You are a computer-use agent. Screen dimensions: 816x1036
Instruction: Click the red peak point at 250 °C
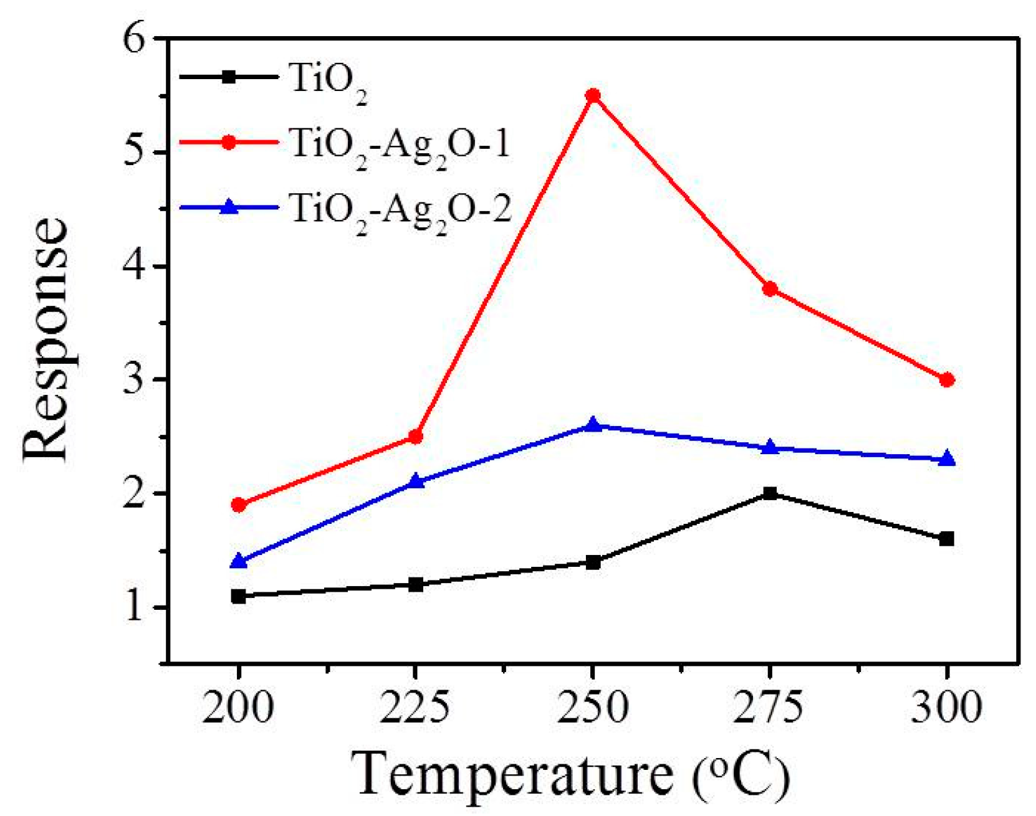point(593,96)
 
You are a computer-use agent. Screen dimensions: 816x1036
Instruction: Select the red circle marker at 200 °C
point(238,505)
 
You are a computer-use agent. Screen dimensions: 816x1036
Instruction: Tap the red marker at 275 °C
point(770,289)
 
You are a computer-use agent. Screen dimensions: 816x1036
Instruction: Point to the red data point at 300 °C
point(947,380)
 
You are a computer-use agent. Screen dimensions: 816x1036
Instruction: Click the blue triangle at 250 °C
point(593,425)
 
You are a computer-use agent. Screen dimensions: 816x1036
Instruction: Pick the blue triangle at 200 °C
point(238,562)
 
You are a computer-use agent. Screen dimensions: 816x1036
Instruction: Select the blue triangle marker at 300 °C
point(947,459)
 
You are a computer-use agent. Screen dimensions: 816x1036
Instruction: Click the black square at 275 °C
point(770,494)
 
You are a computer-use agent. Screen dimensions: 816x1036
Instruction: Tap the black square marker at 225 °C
point(416,584)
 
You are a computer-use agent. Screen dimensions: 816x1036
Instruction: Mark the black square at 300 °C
point(947,539)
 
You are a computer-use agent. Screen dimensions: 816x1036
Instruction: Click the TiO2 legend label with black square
point(327,80)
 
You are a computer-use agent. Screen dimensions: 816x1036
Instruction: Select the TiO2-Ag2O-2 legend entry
point(399,209)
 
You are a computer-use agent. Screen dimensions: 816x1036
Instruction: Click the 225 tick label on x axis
point(416,708)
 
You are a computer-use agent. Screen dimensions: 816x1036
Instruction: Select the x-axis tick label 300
point(947,708)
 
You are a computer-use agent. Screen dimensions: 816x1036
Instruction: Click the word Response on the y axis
point(45,339)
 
